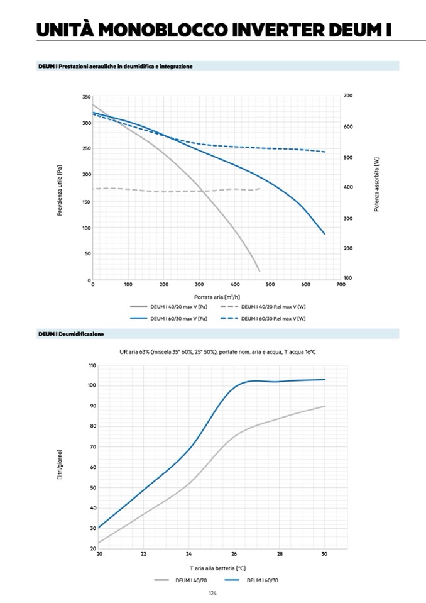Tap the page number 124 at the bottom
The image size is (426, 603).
click(212, 593)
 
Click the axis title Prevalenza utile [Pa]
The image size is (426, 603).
click(60, 191)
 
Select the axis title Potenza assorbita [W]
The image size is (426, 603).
click(377, 184)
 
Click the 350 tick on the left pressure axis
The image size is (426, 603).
click(86, 97)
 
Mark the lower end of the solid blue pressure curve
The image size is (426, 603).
click(325, 234)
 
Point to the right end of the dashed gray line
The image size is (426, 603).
click(260, 189)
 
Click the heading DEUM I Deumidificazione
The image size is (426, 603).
click(71, 334)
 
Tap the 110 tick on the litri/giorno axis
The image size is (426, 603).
click(92, 365)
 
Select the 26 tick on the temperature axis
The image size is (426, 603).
click(234, 554)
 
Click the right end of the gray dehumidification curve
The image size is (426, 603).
click(325, 406)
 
